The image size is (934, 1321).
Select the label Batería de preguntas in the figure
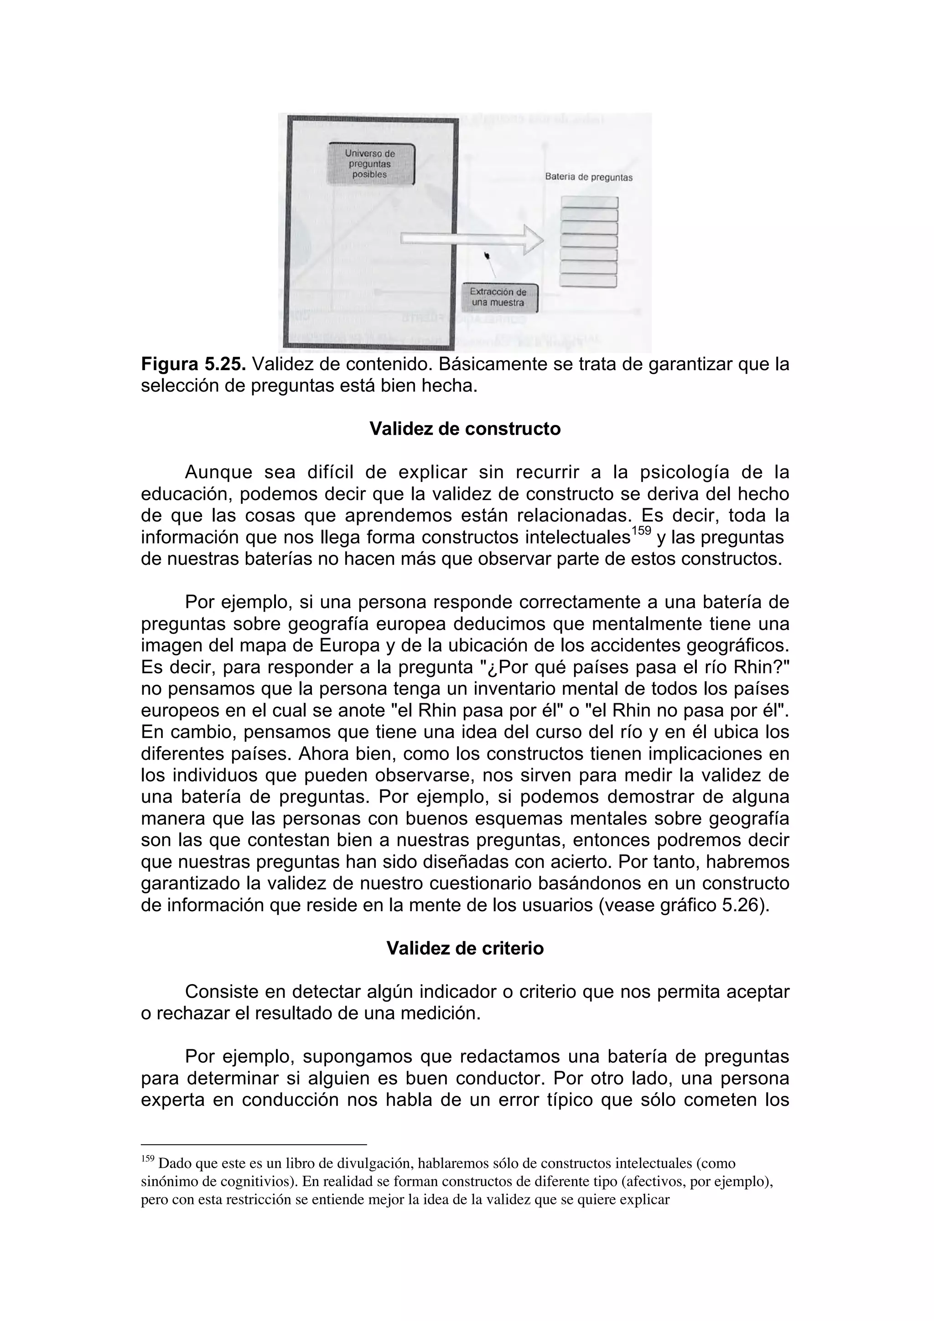tap(588, 177)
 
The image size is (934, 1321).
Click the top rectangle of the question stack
tap(589, 202)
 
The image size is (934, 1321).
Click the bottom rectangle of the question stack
tap(589, 281)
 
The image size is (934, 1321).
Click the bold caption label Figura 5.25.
tap(194, 364)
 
